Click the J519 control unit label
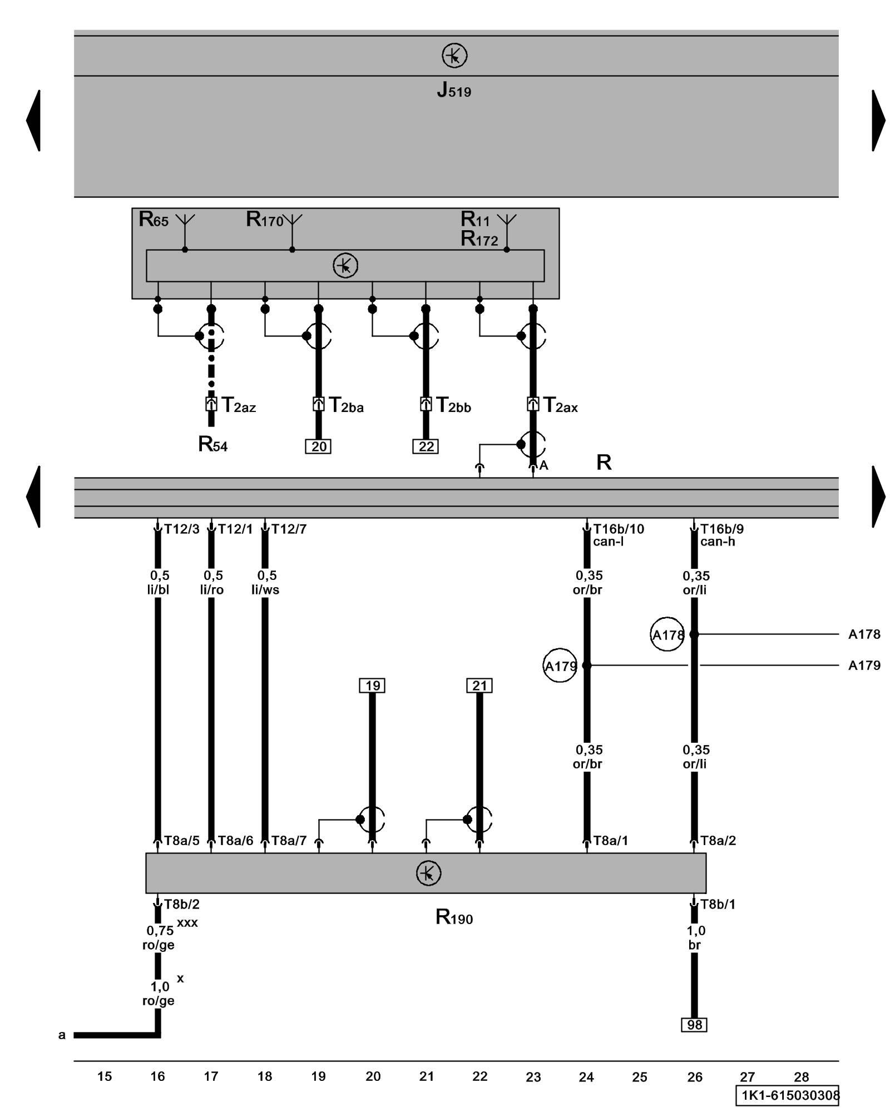coord(454,90)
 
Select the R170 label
coord(265,220)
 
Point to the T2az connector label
coord(239,405)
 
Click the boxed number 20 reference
coord(318,446)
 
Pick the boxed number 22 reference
coord(426,446)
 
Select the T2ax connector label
coord(560,405)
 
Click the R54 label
coord(212,444)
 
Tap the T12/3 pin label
coord(181,529)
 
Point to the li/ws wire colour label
coord(265,590)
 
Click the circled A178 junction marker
coord(667,634)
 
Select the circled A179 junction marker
coord(560,666)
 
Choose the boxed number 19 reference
coord(372,686)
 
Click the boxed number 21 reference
coord(479,686)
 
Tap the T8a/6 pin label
coord(235,841)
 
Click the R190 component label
coord(454,917)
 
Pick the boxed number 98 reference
coord(694,1025)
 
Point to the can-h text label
coord(718,542)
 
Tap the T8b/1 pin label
coord(718,905)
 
